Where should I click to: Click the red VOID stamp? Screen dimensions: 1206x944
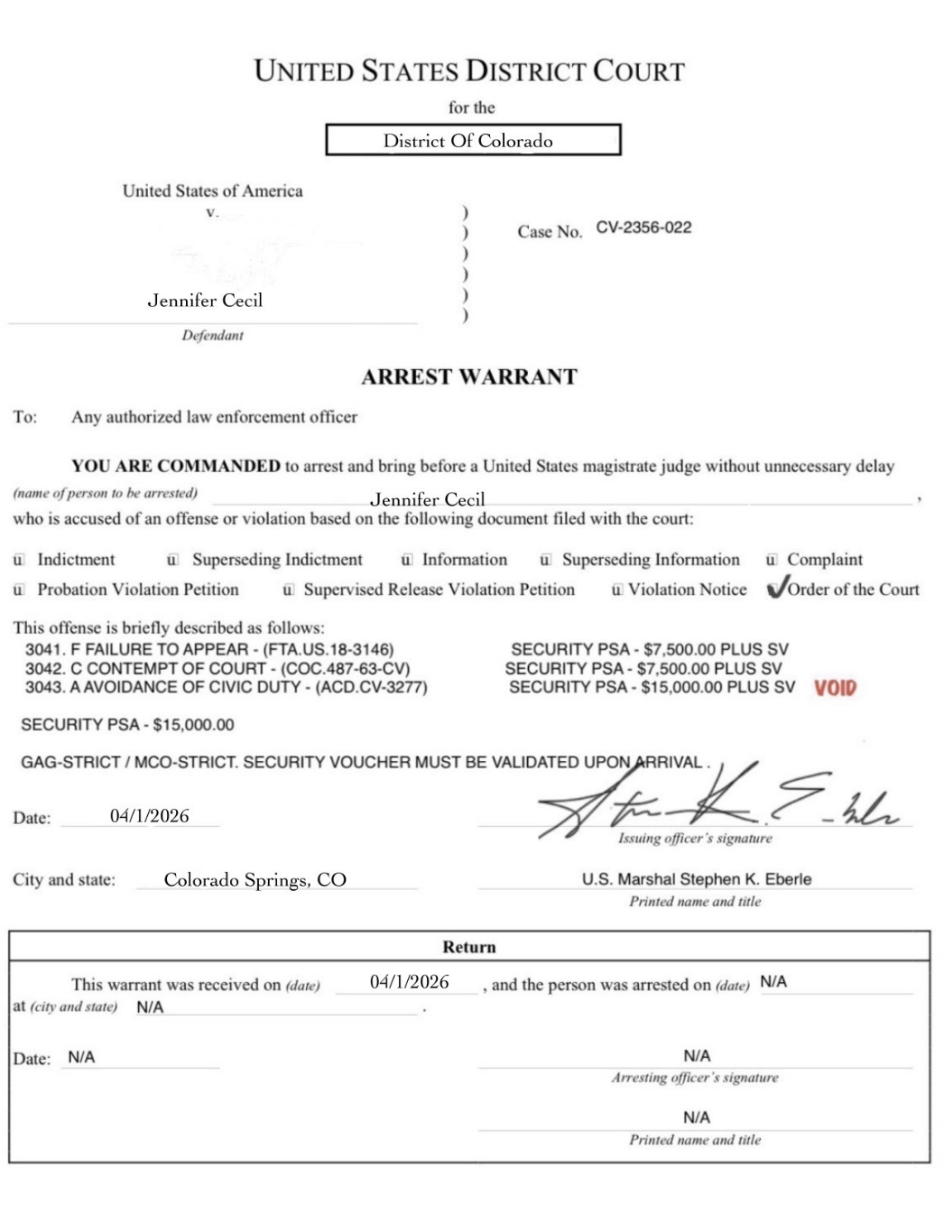coord(835,688)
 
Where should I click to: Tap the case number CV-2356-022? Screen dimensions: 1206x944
coord(643,227)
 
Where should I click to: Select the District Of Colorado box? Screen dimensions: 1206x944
coord(473,140)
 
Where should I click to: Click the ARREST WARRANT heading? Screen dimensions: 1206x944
coord(469,377)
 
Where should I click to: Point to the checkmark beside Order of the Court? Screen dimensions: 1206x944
coord(775,589)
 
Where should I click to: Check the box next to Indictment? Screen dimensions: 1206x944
coord(19,560)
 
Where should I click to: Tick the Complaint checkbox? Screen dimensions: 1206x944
coord(771,560)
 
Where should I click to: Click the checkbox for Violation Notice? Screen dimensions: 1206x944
coord(616,589)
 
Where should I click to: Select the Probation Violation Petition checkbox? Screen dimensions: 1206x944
coord(19,589)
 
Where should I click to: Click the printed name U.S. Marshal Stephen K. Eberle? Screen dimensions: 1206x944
coord(696,879)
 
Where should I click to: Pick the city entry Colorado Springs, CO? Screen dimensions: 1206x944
coord(255,880)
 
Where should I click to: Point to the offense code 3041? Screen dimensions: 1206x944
coord(42,649)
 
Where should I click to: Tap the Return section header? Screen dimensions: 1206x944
coord(469,947)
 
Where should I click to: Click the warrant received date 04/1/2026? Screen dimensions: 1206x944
coord(409,982)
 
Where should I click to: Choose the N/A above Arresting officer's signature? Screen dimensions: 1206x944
coord(697,1055)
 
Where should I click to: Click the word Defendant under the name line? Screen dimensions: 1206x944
coord(212,336)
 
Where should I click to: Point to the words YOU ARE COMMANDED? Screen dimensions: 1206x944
coord(176,467)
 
